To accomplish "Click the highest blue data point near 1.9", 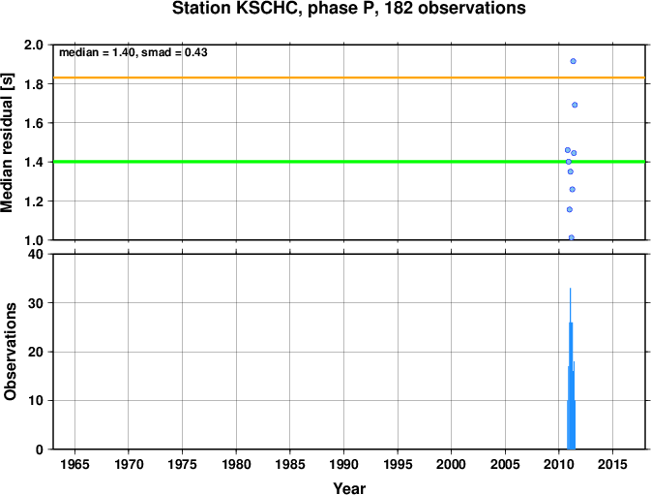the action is coord(573,61).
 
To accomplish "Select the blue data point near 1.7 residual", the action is coord(575,105).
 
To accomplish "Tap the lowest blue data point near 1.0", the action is coord(572,237).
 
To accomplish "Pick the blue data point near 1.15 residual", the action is coord(570,209).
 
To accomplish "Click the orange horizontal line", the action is coord(349,77).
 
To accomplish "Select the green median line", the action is coord(349,162).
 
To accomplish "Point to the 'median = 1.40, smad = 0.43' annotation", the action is coord(133,52).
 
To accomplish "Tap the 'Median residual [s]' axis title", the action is coord(7,142).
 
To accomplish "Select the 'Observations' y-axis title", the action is coord(10,352).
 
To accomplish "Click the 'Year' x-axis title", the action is coord(349,488).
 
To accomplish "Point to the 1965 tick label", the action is coord(74,464).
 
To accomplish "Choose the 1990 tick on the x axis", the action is coord(343,464).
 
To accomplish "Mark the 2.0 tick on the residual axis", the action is coord(35,45).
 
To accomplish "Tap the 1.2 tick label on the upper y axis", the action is coord(35,201).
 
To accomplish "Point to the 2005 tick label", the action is coord(505,464).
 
